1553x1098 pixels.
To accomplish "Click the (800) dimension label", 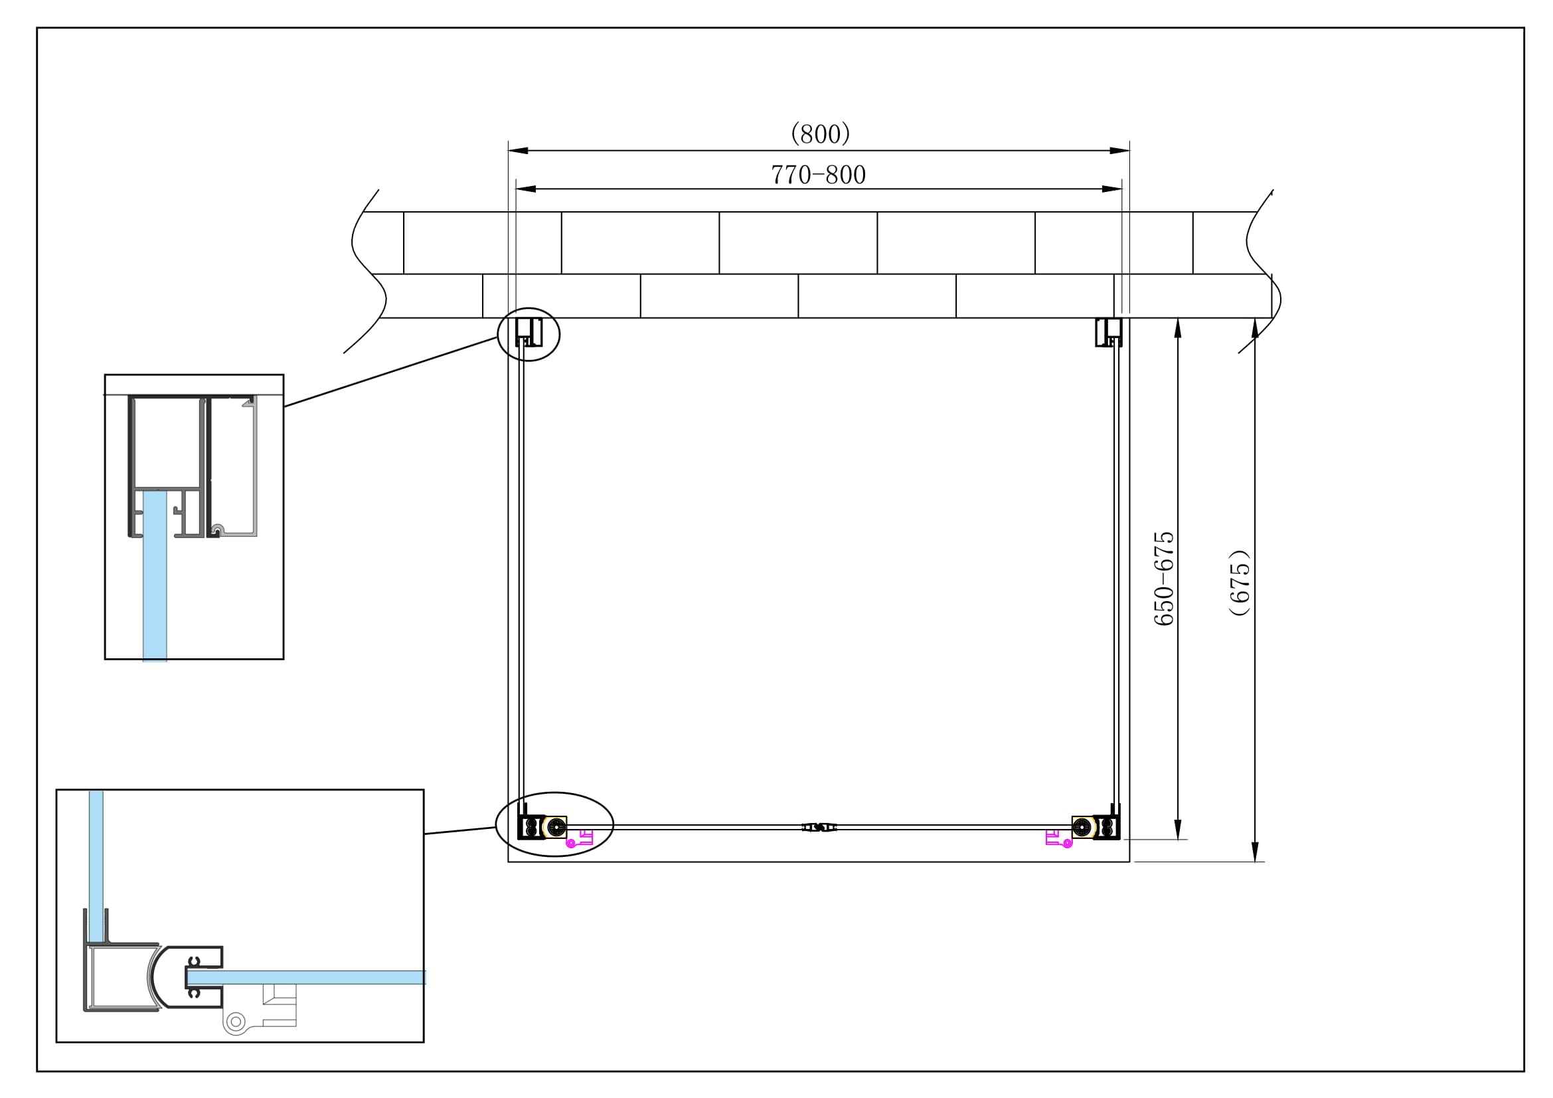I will coord(820,134).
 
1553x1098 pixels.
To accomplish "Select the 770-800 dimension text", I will coord(819,175).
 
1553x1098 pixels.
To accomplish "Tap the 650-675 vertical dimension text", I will coord(1164,579).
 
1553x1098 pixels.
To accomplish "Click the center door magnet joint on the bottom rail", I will coord(819,828).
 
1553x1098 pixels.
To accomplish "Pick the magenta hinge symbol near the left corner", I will coord(580,840).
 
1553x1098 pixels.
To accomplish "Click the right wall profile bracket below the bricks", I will coord(1107,332).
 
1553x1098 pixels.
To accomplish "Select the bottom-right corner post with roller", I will coord(1096,828).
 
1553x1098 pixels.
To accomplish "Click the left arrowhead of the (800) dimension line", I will coord(517,150).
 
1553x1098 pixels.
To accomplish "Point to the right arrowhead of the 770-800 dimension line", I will coord(1112,189).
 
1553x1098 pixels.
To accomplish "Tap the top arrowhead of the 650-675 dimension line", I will coord(1178,328).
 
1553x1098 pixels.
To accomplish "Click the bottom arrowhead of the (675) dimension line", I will coord(1255,852).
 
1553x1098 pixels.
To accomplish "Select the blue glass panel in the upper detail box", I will coord(155,575).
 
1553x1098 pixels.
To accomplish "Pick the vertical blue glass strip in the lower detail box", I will coord(96,866).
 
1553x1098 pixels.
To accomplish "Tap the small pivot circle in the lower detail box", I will coord(236,1022).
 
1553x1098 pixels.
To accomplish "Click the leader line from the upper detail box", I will coord(391,371).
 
